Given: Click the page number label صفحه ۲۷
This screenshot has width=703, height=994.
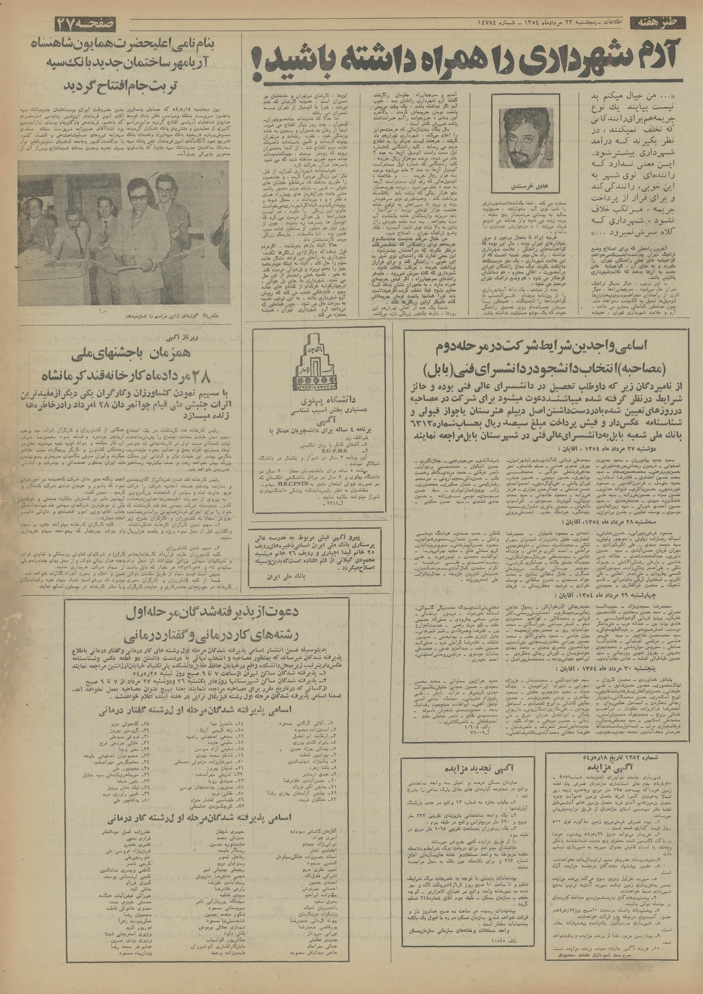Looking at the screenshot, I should tap(92, 23).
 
